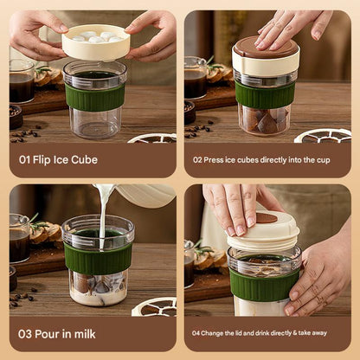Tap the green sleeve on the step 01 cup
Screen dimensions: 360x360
pos(94,97)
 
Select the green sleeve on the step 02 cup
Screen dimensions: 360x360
pos(265,95)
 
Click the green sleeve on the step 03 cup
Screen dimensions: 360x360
pos(98,258)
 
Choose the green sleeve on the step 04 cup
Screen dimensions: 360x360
pos(263,284)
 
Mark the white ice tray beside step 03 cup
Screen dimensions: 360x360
pos(156,305)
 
